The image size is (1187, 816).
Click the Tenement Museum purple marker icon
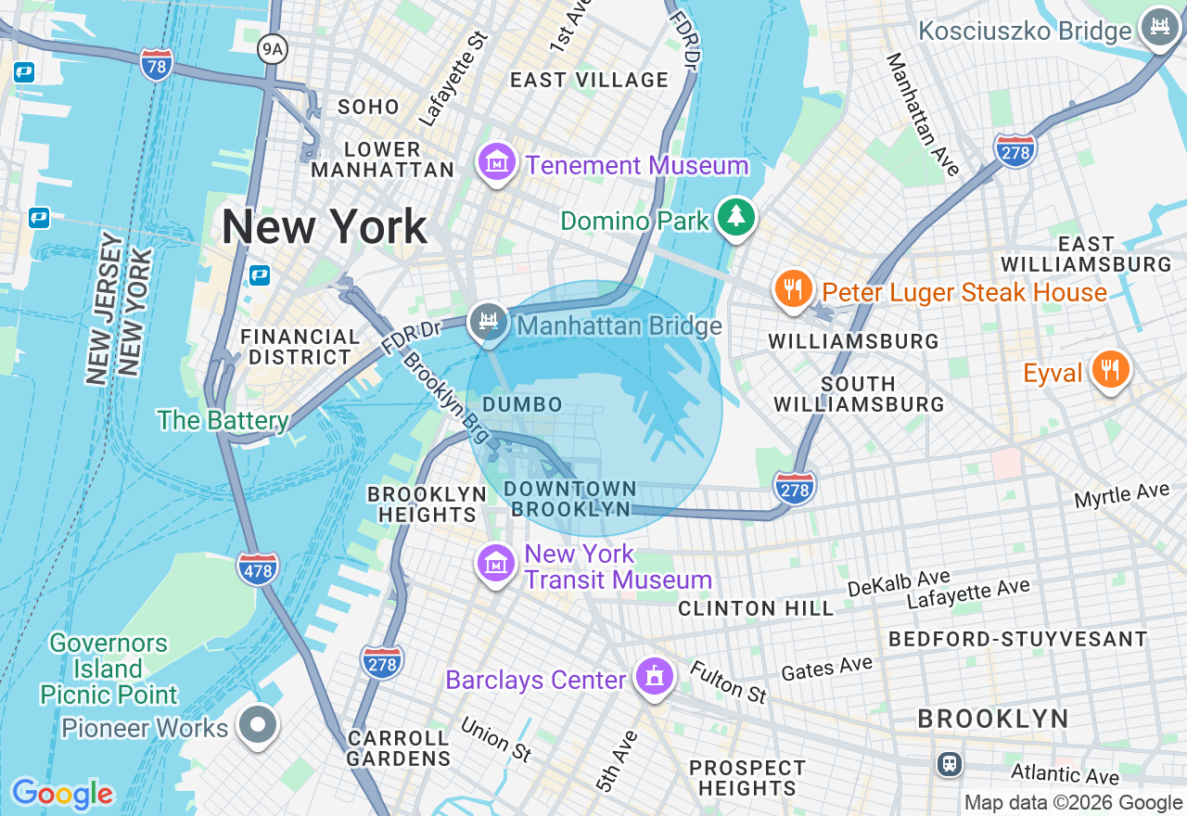496,163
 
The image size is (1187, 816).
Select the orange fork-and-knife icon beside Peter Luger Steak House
792,289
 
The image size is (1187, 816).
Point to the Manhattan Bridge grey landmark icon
488,323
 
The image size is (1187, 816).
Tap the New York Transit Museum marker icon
496,563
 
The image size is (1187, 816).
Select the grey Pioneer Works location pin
258,725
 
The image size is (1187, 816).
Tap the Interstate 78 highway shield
157,65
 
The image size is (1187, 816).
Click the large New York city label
325,227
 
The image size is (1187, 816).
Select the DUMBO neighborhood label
522,404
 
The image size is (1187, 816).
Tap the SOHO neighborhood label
368,107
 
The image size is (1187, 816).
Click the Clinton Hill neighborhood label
756,608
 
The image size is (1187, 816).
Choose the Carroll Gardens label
399,748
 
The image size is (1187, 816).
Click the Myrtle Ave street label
1121,494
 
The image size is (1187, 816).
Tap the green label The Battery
223,420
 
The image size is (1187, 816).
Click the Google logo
62,794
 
